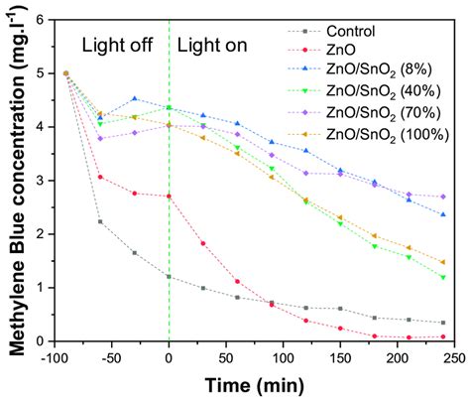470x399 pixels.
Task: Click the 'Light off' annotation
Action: point(117,45)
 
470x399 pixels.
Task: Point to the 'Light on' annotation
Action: point(212,45)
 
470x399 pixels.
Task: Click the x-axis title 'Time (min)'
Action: point(254,386)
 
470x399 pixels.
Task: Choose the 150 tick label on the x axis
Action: point(340,358)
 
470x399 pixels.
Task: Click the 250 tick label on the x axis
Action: point(454,358)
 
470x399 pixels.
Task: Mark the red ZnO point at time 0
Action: point(169,197)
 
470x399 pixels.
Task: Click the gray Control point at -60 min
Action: point(100,221)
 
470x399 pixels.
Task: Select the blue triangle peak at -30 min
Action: point(135,98)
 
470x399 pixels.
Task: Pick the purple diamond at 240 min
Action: point(443,197)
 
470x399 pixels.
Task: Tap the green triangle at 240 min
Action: point(443,278)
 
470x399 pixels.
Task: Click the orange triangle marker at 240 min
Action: point(443,262)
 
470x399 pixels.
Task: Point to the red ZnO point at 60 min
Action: point(237,282)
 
